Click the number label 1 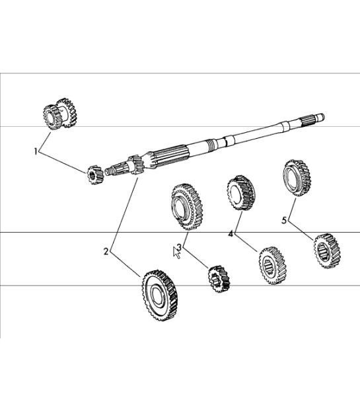pyautogui.click(x=36, y=151)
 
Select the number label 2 pyautogui.click(x=106, y=252)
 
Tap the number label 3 pyautogui.click(x=178, y=247)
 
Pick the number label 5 pyautogui.click(x=284, y=220)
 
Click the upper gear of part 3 pyautogui.click(x=186, y=205)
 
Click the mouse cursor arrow pyautogui.click(x=176, y=252)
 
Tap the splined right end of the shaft pyautogui.click(x=313, y=120)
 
